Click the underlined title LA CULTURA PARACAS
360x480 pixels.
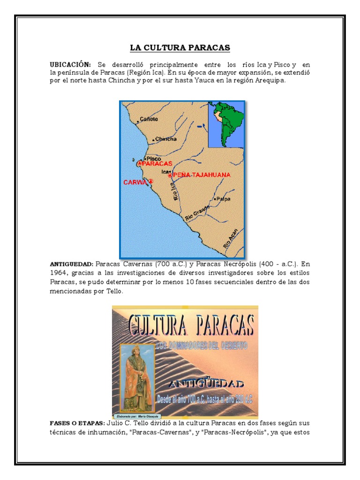coord(180,48)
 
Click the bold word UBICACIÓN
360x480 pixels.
coord(70,64)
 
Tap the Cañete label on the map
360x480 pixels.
coord(149,119)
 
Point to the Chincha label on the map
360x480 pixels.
coord(166,139)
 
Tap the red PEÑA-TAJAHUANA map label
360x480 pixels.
coord(202,175)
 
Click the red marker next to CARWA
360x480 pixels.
coord(150,181)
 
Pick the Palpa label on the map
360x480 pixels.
coord(223,199)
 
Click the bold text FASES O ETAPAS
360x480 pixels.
coord(76,423)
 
